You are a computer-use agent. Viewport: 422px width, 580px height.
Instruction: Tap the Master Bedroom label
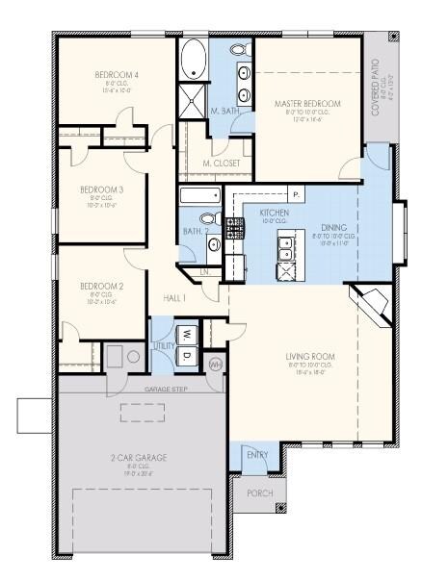[x=306, y=103]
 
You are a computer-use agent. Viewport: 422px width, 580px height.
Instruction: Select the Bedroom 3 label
[x=101, y=189]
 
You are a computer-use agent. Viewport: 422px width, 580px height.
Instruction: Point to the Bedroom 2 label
[x=101, y=286]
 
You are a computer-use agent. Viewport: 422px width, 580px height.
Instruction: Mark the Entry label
[x=256, y=455]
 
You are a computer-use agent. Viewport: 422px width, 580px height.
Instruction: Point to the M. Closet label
[x=222, y=164]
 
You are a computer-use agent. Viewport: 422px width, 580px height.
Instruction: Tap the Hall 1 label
[x=174, y=298]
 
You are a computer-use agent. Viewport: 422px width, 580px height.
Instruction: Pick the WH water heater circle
[x=215, y=365]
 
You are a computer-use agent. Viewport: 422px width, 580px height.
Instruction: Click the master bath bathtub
[x=194, y=59]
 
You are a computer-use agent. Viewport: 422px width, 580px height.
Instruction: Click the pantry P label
[x=294, y=195]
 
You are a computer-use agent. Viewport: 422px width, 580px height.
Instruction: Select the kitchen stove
[x=233, y=229]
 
